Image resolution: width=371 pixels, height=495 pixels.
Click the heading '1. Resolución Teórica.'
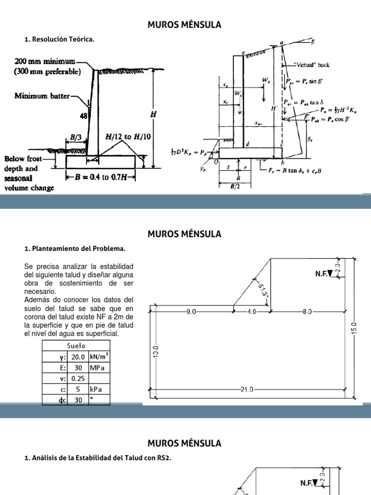59,40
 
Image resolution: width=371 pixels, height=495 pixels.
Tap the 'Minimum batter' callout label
43,96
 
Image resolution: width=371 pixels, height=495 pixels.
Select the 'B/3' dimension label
76,137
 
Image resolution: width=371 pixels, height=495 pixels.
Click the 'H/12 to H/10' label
128,137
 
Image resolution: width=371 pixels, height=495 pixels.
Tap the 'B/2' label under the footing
234,189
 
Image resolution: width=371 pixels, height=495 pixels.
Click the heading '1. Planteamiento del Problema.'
74,249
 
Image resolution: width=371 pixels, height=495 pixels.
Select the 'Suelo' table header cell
76,346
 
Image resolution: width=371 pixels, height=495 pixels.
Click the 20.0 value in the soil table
78,357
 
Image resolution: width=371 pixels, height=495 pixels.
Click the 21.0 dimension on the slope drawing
247,389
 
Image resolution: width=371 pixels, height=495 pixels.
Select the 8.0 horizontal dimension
307,312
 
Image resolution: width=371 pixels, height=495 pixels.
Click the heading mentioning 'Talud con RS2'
98,458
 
